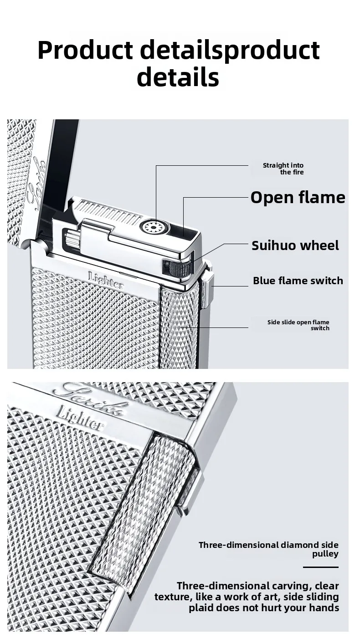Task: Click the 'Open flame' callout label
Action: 298,197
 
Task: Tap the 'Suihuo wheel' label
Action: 295,245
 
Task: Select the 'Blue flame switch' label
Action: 298,281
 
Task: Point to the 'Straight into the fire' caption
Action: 283,169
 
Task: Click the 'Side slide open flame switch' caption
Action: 298,325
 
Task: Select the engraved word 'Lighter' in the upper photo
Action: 106,280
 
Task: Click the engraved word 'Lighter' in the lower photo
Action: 79,418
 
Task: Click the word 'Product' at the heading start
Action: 85,51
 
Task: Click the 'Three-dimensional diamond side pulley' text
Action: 268,549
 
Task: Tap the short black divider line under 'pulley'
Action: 321,567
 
